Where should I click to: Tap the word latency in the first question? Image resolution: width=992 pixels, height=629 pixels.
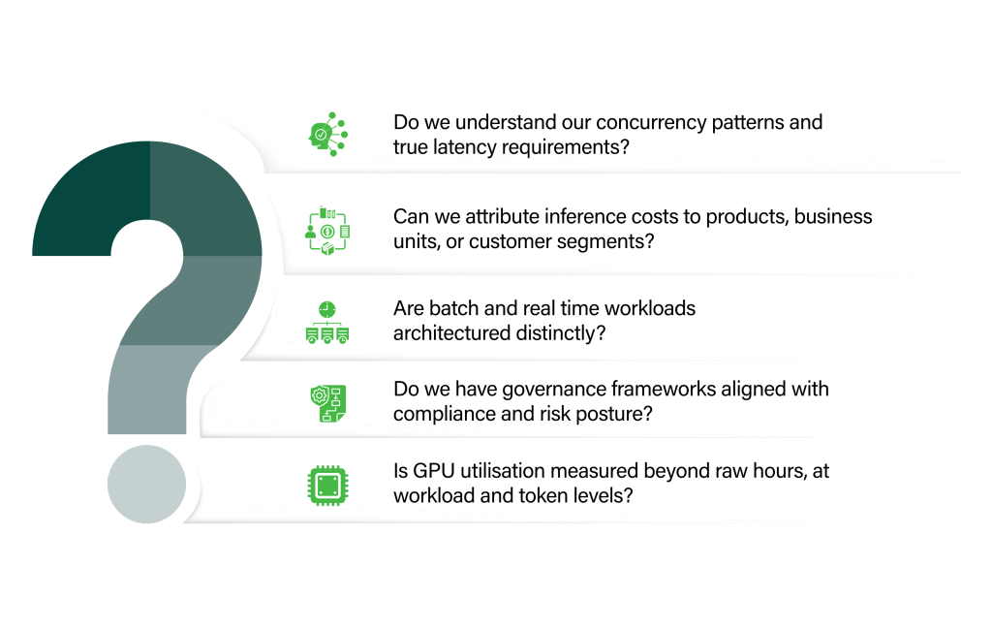pyautogui.click(x=466, y=147)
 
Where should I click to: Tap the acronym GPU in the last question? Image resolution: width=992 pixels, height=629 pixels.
pyautogui.click(x=433, y=471)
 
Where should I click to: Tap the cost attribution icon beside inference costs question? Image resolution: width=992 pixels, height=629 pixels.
pyautogui.click(x=327, y=231)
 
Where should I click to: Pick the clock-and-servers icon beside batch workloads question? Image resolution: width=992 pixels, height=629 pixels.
pyautogui.click(x=327, y=323)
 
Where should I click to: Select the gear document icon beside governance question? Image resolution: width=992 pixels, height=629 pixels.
pyautogui.click(x=327, y=402)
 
